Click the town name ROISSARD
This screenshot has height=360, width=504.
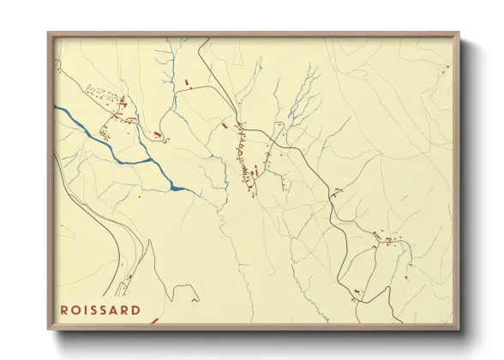coord(101,309)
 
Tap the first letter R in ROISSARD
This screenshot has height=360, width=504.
coord(65,309)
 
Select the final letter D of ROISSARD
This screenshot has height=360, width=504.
coord(137,309)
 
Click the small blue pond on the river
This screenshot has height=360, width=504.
coord(178,187)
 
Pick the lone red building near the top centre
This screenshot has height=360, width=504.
coord(186,82)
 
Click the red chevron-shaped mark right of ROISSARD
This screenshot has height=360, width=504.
coord(154,321)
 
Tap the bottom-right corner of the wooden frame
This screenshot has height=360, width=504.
coord(459,328)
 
